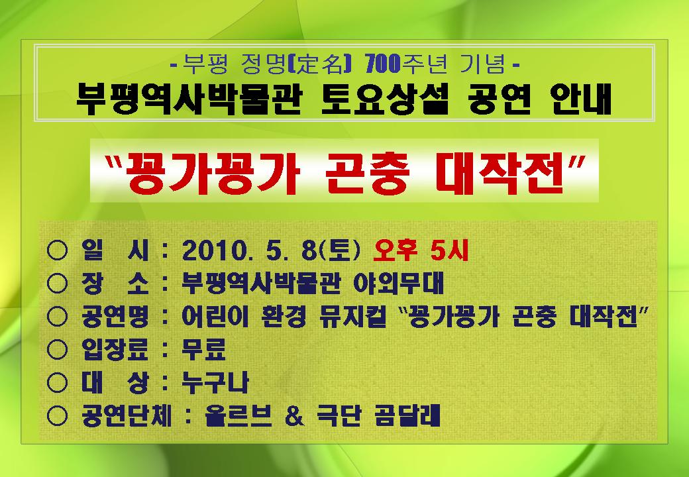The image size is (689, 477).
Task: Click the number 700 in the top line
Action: pos(383,64)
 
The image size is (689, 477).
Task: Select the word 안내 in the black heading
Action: pos(581,99)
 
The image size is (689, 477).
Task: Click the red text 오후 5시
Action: pos(421,251)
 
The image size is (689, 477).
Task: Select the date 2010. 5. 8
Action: pos(249,251)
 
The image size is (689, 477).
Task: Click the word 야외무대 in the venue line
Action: pos(399,284)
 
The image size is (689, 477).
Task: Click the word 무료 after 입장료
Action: pos(204,350)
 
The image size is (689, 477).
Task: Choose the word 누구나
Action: pos(215,382)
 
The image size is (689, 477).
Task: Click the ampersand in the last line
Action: pos(294,415)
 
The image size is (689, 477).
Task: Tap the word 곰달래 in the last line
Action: pos(407,415)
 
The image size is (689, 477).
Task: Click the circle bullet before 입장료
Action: pos(57,350)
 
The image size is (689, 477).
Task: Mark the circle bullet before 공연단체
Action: pos(57,415)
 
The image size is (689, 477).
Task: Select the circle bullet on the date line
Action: pos(57,251)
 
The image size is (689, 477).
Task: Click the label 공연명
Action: pos(115,317)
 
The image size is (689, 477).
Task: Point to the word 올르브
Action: pos(238,415)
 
